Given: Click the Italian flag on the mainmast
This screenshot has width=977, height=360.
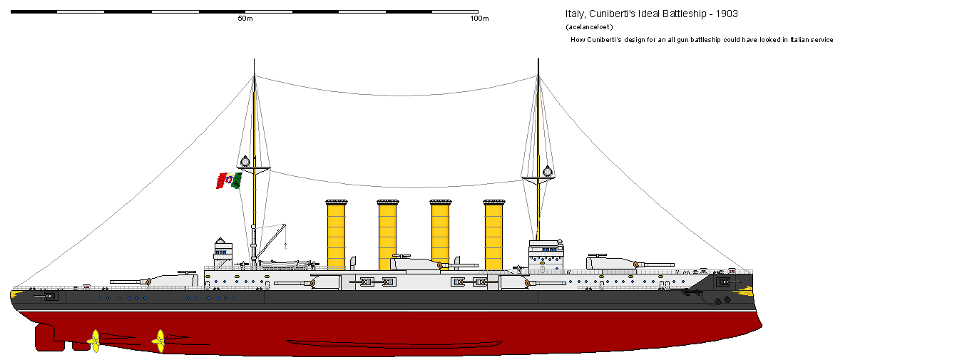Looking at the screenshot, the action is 229,180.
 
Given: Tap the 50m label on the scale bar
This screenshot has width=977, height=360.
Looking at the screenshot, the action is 245,19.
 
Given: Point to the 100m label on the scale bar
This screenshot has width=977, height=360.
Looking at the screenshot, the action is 479,19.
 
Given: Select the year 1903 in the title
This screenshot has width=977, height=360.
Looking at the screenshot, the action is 727,14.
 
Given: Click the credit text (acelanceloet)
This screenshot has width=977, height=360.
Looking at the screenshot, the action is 589,27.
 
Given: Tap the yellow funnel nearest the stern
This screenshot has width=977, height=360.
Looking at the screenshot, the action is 337,235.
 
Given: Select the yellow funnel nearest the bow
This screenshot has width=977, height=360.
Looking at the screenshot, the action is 493,235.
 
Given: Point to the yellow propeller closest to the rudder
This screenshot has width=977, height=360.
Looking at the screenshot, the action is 95,341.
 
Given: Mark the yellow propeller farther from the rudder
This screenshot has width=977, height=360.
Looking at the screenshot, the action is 160,341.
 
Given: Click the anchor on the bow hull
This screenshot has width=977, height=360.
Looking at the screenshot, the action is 692,292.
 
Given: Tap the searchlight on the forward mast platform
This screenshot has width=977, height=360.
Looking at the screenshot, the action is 548,171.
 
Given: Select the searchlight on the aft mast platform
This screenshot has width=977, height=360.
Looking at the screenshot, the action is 245,162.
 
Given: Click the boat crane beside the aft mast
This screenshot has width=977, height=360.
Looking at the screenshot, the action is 271,242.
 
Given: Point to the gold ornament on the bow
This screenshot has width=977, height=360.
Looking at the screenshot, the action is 745,291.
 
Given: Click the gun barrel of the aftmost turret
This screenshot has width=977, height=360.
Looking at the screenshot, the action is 128,282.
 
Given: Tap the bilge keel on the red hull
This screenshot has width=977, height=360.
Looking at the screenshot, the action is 394,344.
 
